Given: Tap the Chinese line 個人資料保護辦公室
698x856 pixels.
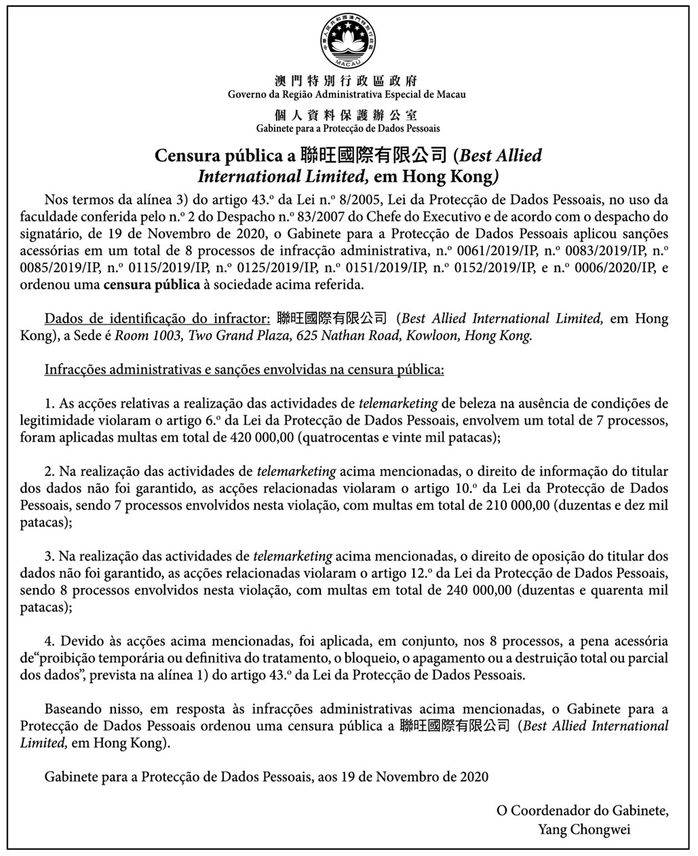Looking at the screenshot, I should tap(347, 114).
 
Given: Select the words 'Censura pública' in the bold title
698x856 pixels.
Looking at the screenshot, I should tap(220, 155).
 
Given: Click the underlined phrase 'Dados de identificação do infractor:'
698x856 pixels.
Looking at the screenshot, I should tap(157, 318).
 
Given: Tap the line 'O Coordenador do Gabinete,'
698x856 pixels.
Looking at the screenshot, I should tap(582, 811).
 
